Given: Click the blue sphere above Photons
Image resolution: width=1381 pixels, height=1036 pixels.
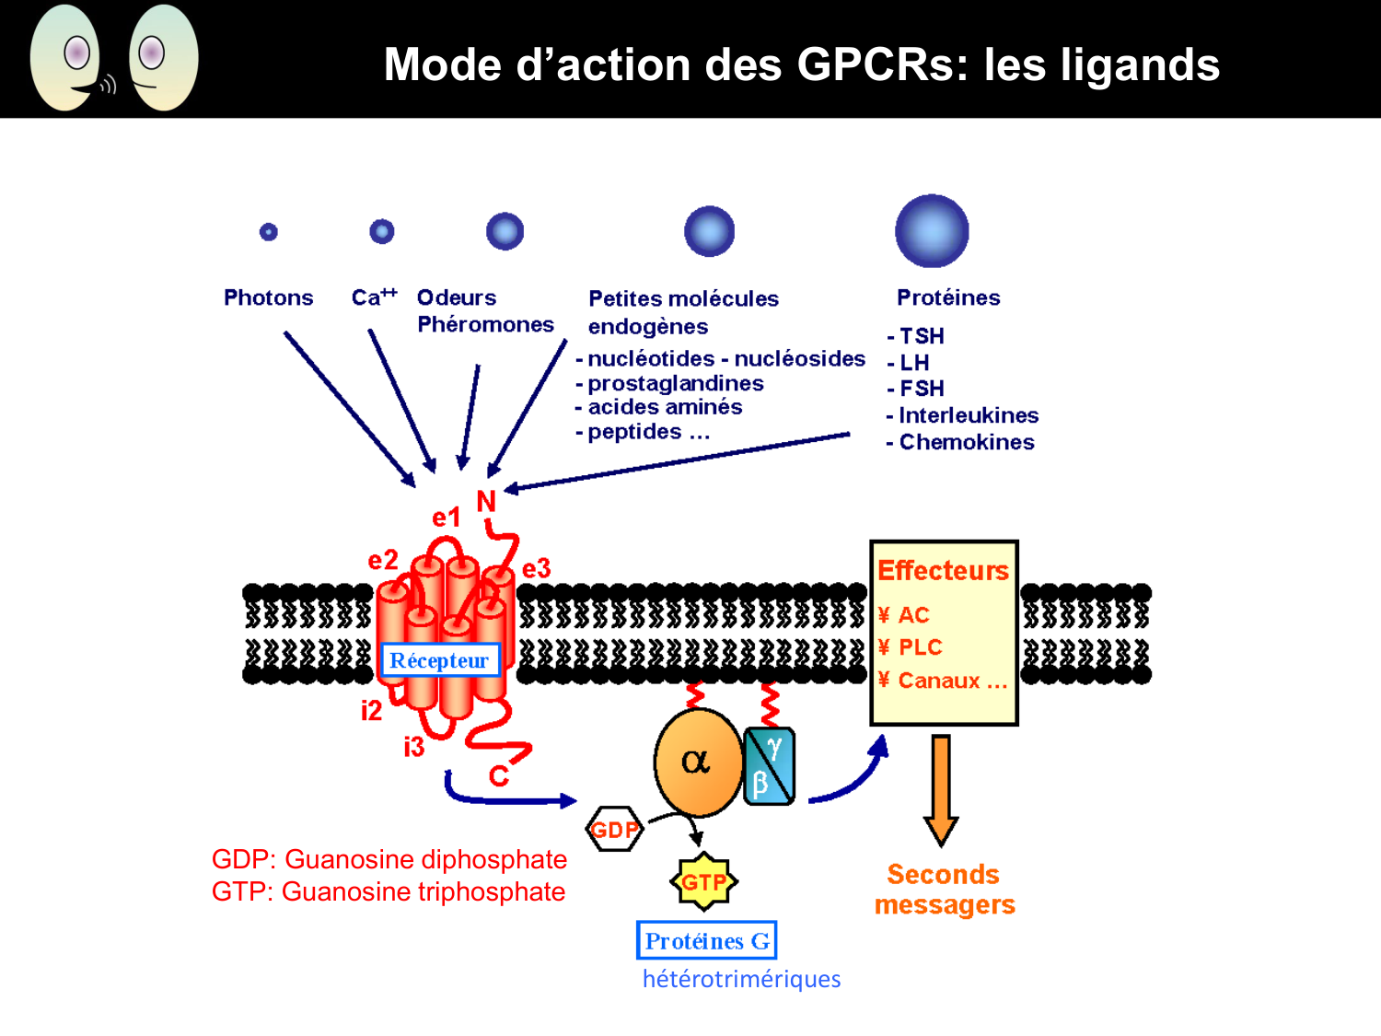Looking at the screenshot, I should [269, 231].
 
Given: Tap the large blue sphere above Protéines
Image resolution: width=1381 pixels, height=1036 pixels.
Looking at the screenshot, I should [932, 231].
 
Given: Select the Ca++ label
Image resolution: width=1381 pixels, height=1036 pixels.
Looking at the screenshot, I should [374, 297].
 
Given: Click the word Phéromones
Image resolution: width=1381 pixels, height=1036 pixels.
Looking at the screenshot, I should [485, 324].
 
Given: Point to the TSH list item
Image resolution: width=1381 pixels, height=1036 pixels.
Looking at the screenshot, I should [921, 336].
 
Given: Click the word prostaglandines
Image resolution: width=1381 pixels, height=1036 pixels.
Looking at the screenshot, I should [675, 383].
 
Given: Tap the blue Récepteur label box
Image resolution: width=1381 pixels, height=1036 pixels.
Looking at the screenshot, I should [439, 660].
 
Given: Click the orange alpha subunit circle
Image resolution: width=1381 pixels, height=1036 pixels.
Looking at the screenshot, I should [698, 762].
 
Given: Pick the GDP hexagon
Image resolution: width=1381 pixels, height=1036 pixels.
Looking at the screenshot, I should [614, 830].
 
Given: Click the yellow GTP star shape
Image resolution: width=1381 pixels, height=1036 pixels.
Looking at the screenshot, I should [704, 882].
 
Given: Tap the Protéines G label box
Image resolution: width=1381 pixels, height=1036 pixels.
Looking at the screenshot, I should [706, 940].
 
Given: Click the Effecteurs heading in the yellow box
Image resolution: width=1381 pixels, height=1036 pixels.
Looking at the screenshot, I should [943, 571].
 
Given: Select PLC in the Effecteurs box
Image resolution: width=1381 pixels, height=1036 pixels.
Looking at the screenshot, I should [920, 647].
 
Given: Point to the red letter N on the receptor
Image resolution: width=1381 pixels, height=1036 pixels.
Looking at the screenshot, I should [486, 502].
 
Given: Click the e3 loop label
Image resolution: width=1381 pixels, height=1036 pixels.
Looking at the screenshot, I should [536, 568].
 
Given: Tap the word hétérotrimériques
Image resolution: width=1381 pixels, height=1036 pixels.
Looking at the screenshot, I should [741, 979].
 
